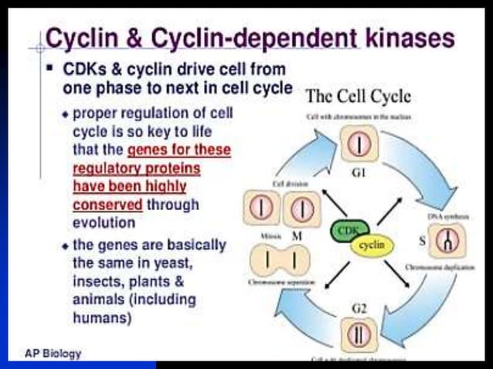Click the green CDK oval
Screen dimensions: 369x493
[x=350, y=231]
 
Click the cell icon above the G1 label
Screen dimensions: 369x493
[x=359, y=144]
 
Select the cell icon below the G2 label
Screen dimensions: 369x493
[x=359, y=335]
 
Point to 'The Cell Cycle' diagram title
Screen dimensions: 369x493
[x=359, y=97]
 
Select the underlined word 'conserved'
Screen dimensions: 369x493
[x=107, y=205]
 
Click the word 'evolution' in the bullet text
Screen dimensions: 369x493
[x=104, y=222]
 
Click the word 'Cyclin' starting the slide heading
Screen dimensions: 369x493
[x=85, y=37]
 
